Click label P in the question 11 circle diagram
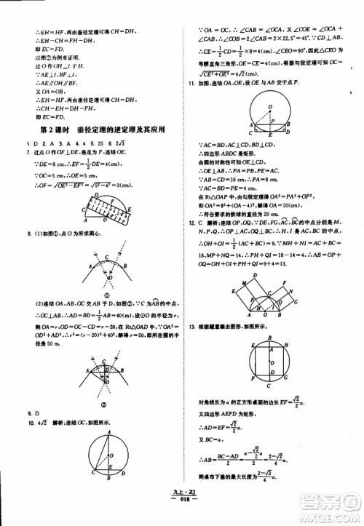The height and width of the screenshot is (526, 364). pyautogui.click(x=273, y=121)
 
